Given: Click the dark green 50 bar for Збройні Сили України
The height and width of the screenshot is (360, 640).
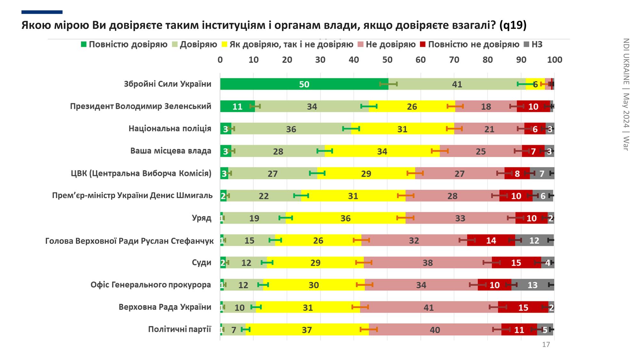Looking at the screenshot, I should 304,84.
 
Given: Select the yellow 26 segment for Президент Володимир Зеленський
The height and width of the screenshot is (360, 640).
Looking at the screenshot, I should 412,107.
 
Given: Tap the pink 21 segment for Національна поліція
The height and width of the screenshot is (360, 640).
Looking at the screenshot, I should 489,129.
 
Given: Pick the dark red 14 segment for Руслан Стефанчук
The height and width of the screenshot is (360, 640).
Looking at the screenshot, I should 491,240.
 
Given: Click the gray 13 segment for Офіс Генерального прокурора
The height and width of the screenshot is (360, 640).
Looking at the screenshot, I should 532,285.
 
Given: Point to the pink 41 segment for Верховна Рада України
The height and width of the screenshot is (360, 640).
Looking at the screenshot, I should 428,307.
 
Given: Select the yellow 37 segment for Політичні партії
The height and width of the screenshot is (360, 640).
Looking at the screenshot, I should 307,330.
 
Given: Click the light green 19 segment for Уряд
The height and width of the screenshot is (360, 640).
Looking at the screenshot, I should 254,218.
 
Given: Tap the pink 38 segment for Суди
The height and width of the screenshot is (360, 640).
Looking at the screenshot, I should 428,263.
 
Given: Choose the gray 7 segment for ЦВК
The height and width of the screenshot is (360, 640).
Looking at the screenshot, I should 542,173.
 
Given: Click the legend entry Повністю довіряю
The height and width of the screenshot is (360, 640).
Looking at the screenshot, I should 124,44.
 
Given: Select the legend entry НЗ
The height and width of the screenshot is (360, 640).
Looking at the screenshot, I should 533,44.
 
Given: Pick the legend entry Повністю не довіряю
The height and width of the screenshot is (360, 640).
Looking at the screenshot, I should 470,44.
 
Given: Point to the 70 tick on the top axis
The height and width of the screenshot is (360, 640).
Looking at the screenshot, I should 454,60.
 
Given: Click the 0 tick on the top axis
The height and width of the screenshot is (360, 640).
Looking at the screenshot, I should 220,60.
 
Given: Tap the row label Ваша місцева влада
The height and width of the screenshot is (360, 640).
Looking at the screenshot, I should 171,151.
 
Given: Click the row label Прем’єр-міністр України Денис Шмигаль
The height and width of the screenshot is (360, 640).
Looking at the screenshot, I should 132,196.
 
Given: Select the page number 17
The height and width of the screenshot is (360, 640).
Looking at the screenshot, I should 546,344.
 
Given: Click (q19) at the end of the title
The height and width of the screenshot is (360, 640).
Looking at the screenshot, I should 513,25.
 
